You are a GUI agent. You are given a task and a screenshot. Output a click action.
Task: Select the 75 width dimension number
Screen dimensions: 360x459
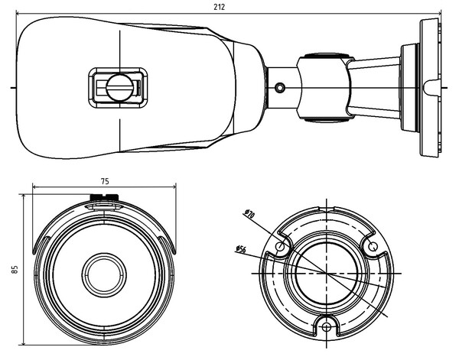(x=104, y=180)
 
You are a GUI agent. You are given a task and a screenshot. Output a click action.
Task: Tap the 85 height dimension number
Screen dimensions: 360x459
(x=15, y=269)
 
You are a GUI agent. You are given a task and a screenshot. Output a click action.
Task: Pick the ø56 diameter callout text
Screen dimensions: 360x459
(x=240, y=248)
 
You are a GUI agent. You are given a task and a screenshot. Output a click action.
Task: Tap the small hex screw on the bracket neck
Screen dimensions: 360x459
(x=279, y=87)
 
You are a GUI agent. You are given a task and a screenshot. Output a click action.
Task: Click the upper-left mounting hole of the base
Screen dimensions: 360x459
(x=282, y=247)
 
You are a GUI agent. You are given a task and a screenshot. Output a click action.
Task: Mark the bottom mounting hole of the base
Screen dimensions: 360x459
(x=327, y=327)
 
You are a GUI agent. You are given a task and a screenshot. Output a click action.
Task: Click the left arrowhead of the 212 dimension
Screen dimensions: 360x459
(x=18, y=13)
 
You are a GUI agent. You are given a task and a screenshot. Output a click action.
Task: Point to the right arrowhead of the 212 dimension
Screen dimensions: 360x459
(x=441, y=13)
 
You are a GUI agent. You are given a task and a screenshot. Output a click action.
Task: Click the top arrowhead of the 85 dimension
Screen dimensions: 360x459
(x=24, y=196)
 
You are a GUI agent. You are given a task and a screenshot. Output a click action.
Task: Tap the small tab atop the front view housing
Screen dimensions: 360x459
(x=104, y=201)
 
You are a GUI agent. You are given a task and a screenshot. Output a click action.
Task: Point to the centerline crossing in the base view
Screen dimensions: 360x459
(x=327, y=272)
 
